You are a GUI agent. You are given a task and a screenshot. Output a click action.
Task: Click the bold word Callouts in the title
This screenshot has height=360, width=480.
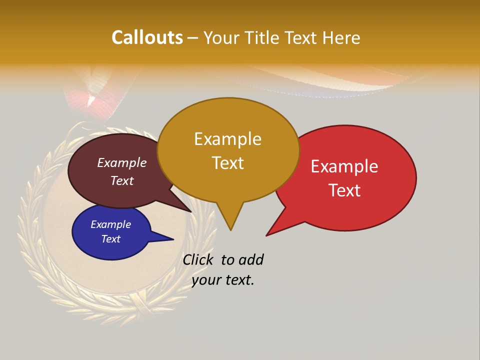147,37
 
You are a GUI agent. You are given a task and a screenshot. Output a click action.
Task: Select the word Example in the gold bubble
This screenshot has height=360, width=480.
227,139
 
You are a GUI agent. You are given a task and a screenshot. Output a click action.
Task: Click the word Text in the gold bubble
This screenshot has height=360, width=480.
227,162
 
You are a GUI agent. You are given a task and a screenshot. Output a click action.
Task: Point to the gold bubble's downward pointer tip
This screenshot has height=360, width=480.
230,230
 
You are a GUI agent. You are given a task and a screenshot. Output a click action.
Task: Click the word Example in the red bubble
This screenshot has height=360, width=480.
344,166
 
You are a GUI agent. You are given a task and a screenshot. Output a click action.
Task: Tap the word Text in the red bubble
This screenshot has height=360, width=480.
344,190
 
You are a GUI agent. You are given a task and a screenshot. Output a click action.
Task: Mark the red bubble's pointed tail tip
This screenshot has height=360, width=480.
266,235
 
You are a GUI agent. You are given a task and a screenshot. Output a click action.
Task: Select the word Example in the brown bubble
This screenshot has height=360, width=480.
122,162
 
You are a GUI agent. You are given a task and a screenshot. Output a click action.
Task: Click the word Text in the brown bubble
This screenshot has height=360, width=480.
122,180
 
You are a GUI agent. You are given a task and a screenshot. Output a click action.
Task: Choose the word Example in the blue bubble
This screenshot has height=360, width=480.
110,224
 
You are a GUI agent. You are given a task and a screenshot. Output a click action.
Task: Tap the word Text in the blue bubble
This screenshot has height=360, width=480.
110,239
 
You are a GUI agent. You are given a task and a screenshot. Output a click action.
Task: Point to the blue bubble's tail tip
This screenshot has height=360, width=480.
173,239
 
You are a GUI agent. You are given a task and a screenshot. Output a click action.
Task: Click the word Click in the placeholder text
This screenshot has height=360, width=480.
197,259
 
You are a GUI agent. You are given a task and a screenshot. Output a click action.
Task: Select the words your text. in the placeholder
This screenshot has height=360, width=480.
223,280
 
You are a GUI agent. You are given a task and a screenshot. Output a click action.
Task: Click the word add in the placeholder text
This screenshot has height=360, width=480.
251,259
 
